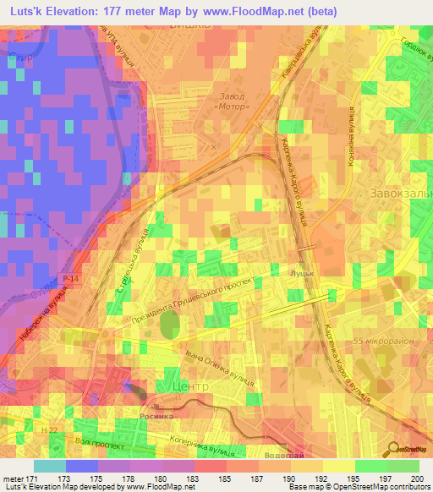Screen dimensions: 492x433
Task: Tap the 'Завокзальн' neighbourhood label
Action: coord(400,194)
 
